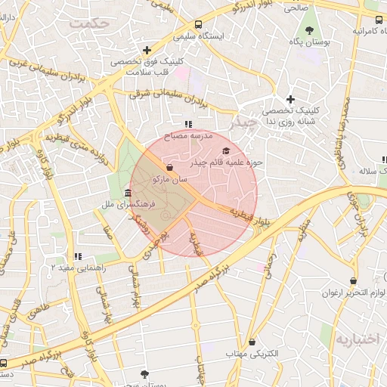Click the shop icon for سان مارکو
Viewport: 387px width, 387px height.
click(x=169, y=167)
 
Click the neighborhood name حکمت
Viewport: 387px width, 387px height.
click(x=90, y=23)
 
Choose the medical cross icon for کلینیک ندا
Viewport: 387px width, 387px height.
click(x=290, y=99)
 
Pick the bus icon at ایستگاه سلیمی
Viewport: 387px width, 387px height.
click(x=198, y=23)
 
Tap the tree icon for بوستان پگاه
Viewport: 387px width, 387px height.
click(x=310, y=29)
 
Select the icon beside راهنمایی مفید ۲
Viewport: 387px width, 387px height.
click(x=78, y=256)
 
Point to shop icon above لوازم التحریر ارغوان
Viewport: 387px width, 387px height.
click(x=353, y=280)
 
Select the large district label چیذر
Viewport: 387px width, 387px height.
click(x=243, y=122)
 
